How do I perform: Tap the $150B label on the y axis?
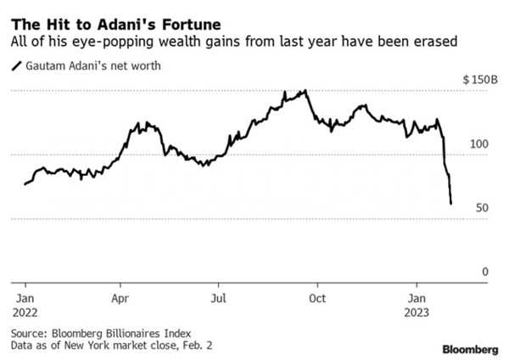pyautogui.click(x=478, y=79)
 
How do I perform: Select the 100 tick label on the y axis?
pyautogui.click(x=479, y=143)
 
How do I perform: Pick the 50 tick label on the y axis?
pyautogui.click(x=482, y=208)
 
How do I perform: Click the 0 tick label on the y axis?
pyautogui.click(x=485, y=272)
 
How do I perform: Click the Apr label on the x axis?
pyautogui.click(x=120, y=298)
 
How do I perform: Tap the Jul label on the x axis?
pyautogui.click(x=219, y=298)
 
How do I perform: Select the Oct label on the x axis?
pyautogui.click(x=318, y=298)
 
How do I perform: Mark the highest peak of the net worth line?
pyautogui.click(x=305, y=91)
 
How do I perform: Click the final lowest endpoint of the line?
pyautogui.click(x=450, y=203)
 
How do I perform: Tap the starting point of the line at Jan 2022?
pyautogui.click(x=25, y=183)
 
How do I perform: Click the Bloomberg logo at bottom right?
pyautogui.click(x=470, y=349)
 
